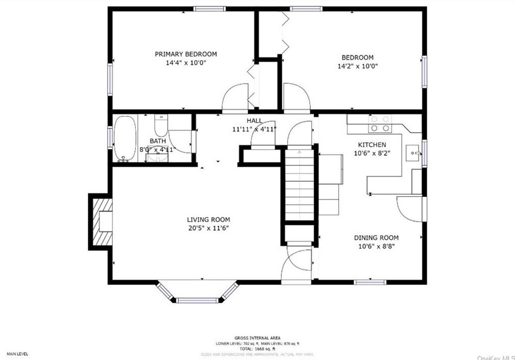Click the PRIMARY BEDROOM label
click(x=186, y=54)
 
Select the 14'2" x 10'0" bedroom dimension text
click(x=358, y=66)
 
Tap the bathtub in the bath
click(x=124, y=138)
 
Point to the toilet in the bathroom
click(x=161, y=124)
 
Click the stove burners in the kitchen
click(x=380, y=124)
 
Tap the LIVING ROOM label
click(x=208, y=219)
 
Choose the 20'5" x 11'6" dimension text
click(x=208, y=228)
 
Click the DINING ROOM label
click(x=376, y=238)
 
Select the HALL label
click(x=254, y=120)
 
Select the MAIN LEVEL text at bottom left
click(x=17, y=353)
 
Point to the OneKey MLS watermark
click(x=495, y=357)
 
